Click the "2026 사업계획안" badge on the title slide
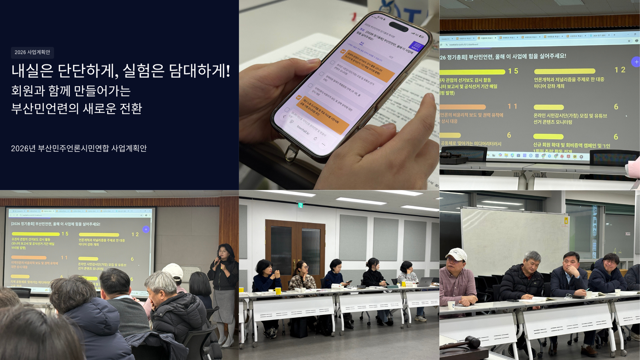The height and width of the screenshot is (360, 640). coord(32,52)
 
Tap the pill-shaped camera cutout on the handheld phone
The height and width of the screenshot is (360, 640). coord(399,27)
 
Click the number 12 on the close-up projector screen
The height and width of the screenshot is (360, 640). coord(620,70)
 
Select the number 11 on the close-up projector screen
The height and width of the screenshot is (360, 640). coord(512,106)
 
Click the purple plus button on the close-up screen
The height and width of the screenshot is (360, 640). coord(636,62)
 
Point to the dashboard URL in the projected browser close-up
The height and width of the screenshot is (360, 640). coord(463,44)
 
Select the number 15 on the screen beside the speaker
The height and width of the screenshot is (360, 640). coord(65,234)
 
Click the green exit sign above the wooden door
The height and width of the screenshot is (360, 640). coord(300,205)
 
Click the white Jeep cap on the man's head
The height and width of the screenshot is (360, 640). coord(457,254)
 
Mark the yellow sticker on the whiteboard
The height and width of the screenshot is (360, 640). coord(566,221)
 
